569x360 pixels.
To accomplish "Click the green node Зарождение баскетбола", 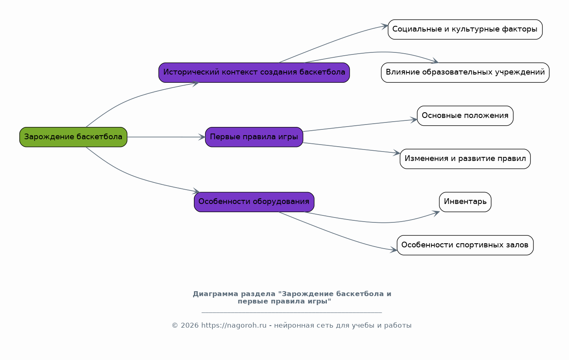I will pyautogui.click(x=73, y=137).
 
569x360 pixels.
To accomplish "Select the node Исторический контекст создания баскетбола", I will pyautogui.click(x=254, y=72).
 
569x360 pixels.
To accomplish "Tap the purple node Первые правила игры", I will pyautogui.click(x=254, y=137).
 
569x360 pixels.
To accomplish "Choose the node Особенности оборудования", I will pyautogui.click(x=254, y=202).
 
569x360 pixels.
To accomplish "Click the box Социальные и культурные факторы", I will pyautogui.click(x=465, y=29).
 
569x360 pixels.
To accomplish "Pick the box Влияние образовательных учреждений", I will pyautogui.click(x=465, y=72).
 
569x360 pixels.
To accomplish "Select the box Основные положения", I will pyautogui.click(x=465, y=115).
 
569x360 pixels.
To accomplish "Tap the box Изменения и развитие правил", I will pyautogui.click(x=465, y=159).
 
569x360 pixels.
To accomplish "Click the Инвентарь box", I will pyautogui.click(x=465, y=202).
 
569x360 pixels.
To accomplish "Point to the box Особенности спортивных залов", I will pyautogui.click(x=465, y=245).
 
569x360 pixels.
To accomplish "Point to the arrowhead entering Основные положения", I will pyautogui.click(x=414, y=120).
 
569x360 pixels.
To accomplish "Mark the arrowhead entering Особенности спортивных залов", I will pyautogui.click(x=394, y=249).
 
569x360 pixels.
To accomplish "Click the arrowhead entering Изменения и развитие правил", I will pyautogui.click(x=397, y=153).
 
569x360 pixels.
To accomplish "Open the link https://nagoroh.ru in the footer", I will pyautogui.click(x=234, y=326).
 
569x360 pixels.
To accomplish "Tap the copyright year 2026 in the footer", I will pyautogui.click(x=190, y=326).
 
